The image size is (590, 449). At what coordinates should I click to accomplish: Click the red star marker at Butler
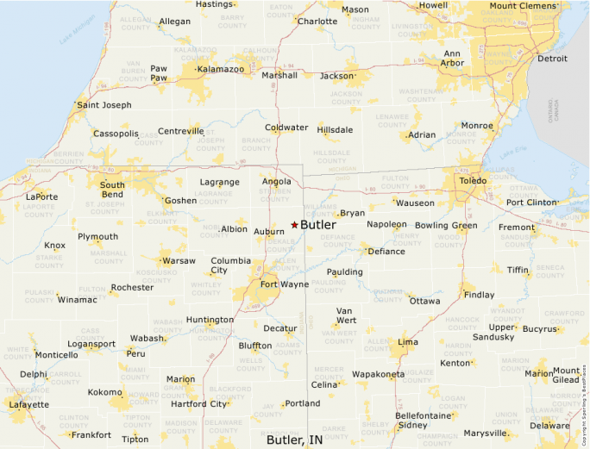click(294, 224)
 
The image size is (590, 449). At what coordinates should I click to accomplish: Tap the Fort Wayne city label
click(285, 284)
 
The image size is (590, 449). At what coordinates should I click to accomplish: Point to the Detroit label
click(552, 59)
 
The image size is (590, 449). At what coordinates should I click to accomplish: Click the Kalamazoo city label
click(221, 69)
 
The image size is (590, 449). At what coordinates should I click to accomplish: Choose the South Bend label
click(112, 190)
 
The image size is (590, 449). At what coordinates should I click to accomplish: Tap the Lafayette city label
click(28, 404)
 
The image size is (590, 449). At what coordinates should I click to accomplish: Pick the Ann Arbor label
click(453, 58)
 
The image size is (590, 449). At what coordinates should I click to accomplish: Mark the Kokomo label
click(104, 392)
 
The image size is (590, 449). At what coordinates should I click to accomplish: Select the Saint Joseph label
click(104, 105)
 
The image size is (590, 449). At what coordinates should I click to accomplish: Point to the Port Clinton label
click(532, 203)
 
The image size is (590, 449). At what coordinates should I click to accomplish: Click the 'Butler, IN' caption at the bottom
click(295, 440)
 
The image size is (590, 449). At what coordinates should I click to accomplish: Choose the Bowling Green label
click(446, 226)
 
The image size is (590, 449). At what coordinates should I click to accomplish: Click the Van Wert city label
click(345, 315)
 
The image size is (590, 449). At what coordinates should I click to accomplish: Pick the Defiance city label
click(386, 252)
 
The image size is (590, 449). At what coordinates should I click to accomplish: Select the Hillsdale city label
click(335, 130)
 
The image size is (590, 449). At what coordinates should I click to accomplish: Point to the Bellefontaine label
click(424, 415)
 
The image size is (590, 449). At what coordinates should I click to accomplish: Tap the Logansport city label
click(91, 344)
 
